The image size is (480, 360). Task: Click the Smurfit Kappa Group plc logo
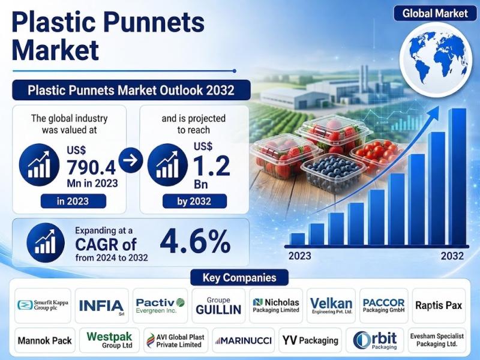tap(43, 305)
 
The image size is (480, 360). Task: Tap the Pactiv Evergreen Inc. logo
tap(160, 305)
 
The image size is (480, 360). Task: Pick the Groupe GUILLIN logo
tap(218, 306)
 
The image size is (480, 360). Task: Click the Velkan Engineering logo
tap(331, 305)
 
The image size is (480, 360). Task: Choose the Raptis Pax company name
tap(439, 305)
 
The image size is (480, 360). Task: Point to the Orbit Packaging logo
tap(375, 340)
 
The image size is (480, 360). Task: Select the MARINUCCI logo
tap(244, 340)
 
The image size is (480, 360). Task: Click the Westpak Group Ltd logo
tap(109, 340)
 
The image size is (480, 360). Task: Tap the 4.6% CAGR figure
tap(195, 242)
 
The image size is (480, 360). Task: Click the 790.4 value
tap(91, 167)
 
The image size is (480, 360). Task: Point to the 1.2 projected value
tap(212, 166)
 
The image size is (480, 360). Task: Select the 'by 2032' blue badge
tap(194, 201)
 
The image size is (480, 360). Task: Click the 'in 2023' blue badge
tap(73, 201)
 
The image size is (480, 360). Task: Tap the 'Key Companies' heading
tap(239, 277)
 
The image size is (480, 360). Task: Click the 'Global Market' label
tap(436, 13)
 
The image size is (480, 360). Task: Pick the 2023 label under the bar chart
tap(299, 256)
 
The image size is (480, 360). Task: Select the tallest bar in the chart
tap(457, 176)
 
